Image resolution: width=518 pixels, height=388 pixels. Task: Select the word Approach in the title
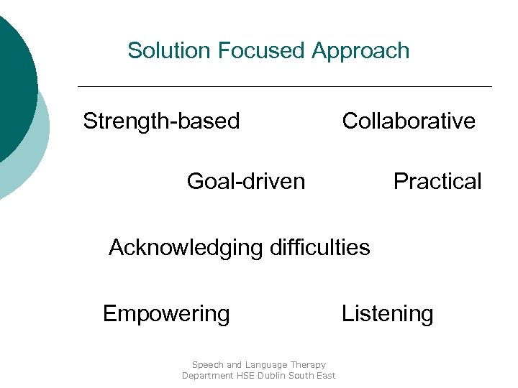pyautogui.click(x=360, y=51)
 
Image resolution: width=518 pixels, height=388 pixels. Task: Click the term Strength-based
pyautogui.click(x=161, y=121)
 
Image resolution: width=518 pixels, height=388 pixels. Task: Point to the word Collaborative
pyautogui.click(x=409, y=121)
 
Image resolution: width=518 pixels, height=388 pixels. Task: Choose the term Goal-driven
pyautogui.click(x=245, y=181)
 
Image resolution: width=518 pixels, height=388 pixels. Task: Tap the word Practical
pyautogui.click(x=437, y=181)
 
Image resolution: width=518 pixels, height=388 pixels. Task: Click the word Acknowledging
pyautogui.click(x=186, y=248)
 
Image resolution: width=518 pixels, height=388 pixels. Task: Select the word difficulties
pyautogui.click(x=320, y=248)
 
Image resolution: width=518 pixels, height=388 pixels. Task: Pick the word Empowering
pyautogui.click(x=166, y=314)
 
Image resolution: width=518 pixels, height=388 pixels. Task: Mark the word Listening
pyautogui.click(x=387, y=314)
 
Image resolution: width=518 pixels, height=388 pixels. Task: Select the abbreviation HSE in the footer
pyautogui.click(x=247, y=376)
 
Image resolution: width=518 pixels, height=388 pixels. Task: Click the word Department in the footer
pyautogui.click(x=207, y=376)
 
